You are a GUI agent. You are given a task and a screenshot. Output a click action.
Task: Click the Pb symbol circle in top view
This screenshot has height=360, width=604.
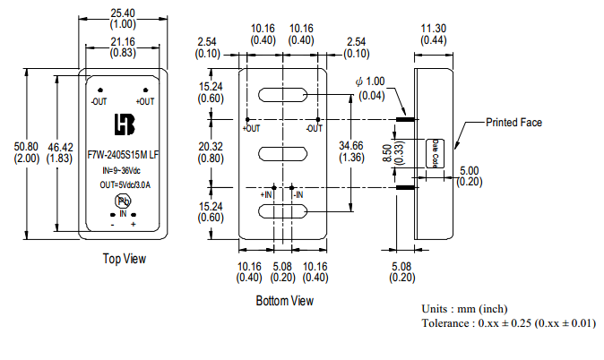click(x=123, y=201)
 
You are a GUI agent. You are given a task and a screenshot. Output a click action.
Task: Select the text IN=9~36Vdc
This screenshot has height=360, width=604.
click(x=123, y=169)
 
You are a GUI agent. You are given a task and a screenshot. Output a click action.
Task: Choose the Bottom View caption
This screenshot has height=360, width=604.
click(x=284, y=301)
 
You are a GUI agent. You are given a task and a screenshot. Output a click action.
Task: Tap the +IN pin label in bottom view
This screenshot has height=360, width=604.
click(x=266, y=193)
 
